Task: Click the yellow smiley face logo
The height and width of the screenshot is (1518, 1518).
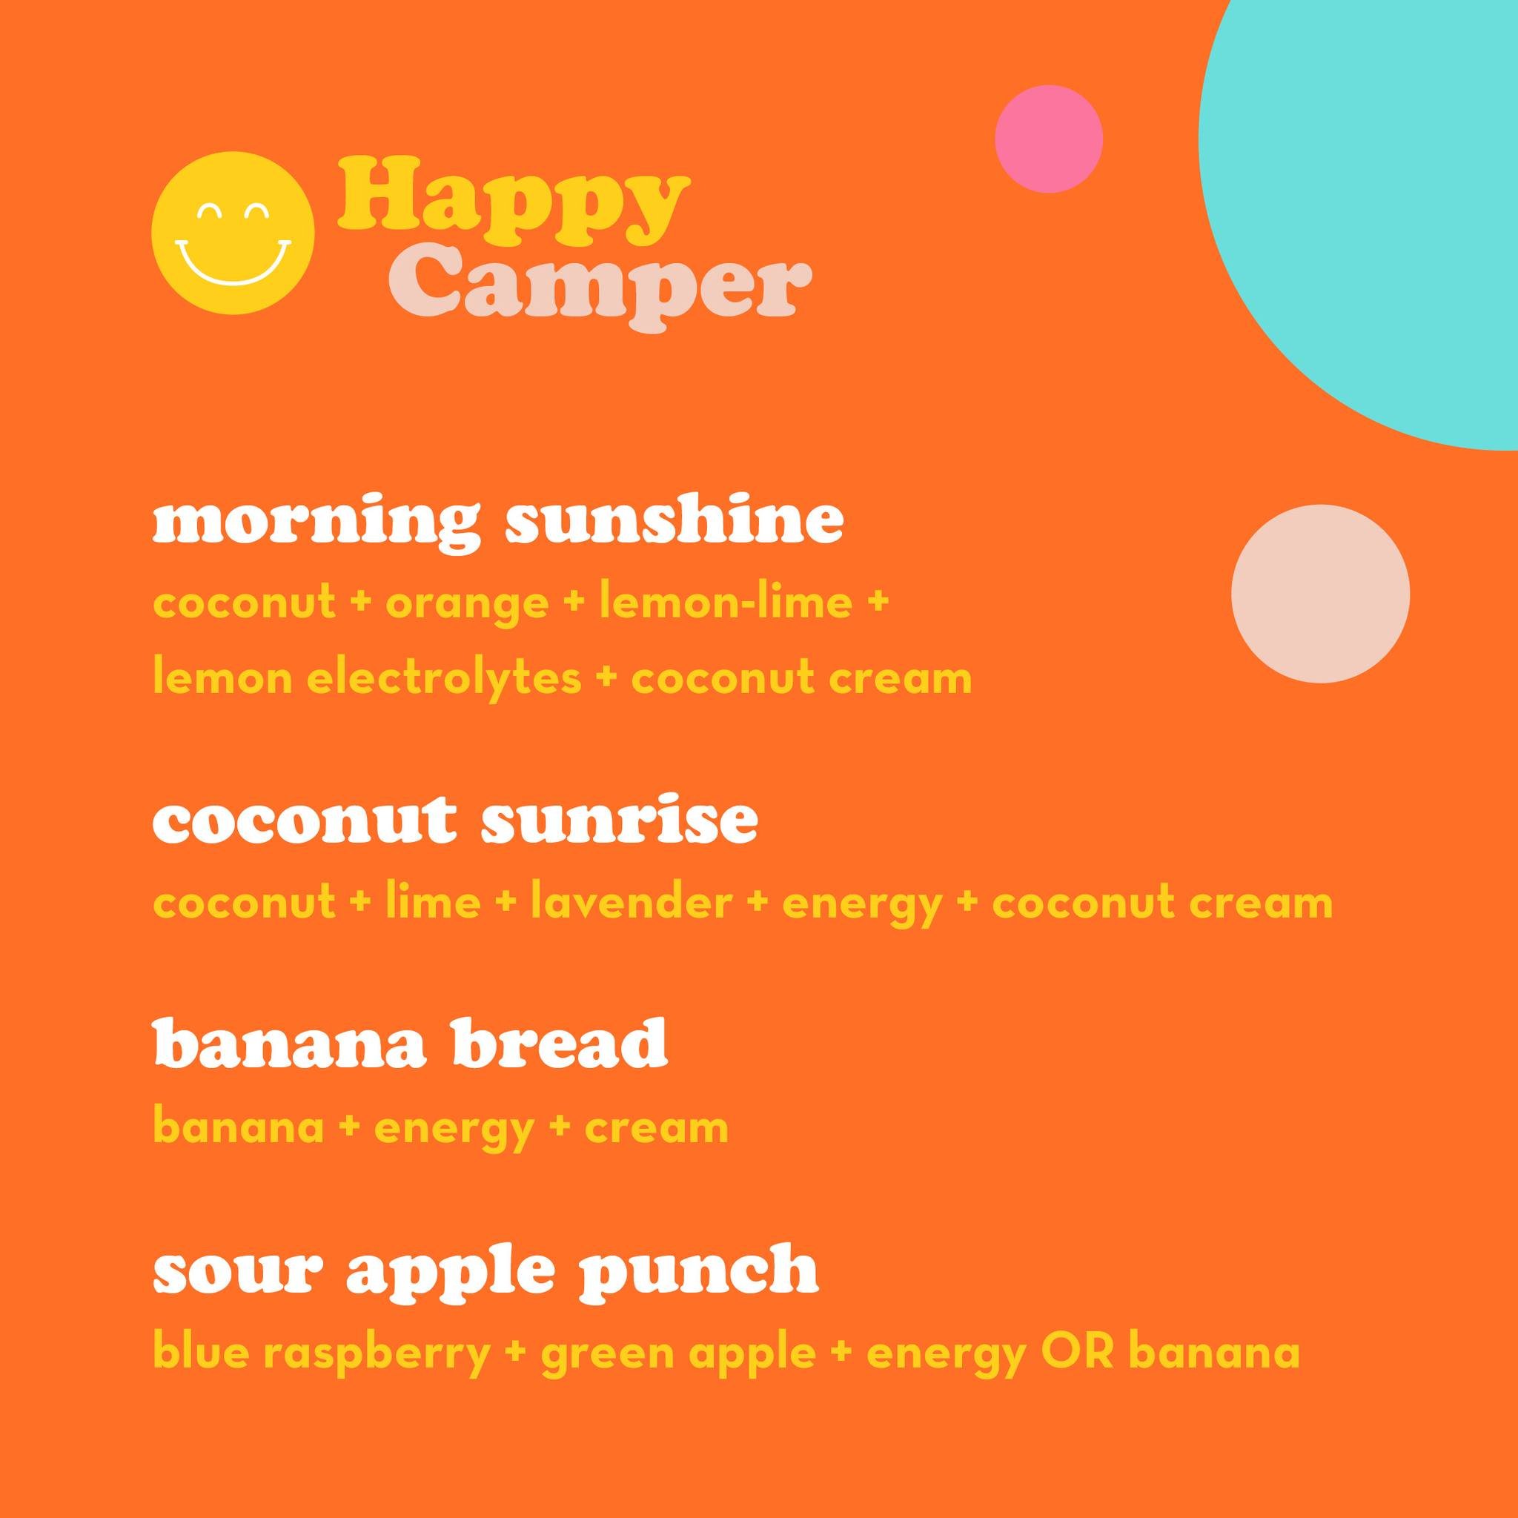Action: pyautogui.click(x=233, y=233)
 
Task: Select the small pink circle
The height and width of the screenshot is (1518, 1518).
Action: pyautogui.click(x=1048, y=139)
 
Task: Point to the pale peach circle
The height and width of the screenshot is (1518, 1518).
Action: pyautogui.click(x=1319, y=593)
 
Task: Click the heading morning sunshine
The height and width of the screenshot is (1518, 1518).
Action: pyautogui.click(x=497, y=522)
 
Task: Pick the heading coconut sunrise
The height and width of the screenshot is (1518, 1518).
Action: pyautogui.click(x=455, y=821)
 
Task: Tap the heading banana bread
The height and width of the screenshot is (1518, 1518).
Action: pyautogui.click(x=409, y=1045)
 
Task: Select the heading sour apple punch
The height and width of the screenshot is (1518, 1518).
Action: pyautogui.click(x=485, y=1270)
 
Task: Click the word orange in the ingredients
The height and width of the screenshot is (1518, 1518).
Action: pyautogui.click(x=467, y=604)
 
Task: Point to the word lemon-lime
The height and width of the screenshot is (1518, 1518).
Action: pyautogui.click(x=725, y=603)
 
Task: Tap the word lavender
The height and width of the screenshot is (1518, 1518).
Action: pyautogui.click(x=630, y=903)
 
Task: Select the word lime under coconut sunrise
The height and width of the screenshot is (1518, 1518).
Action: pyautogui.click(x=433, y=903)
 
